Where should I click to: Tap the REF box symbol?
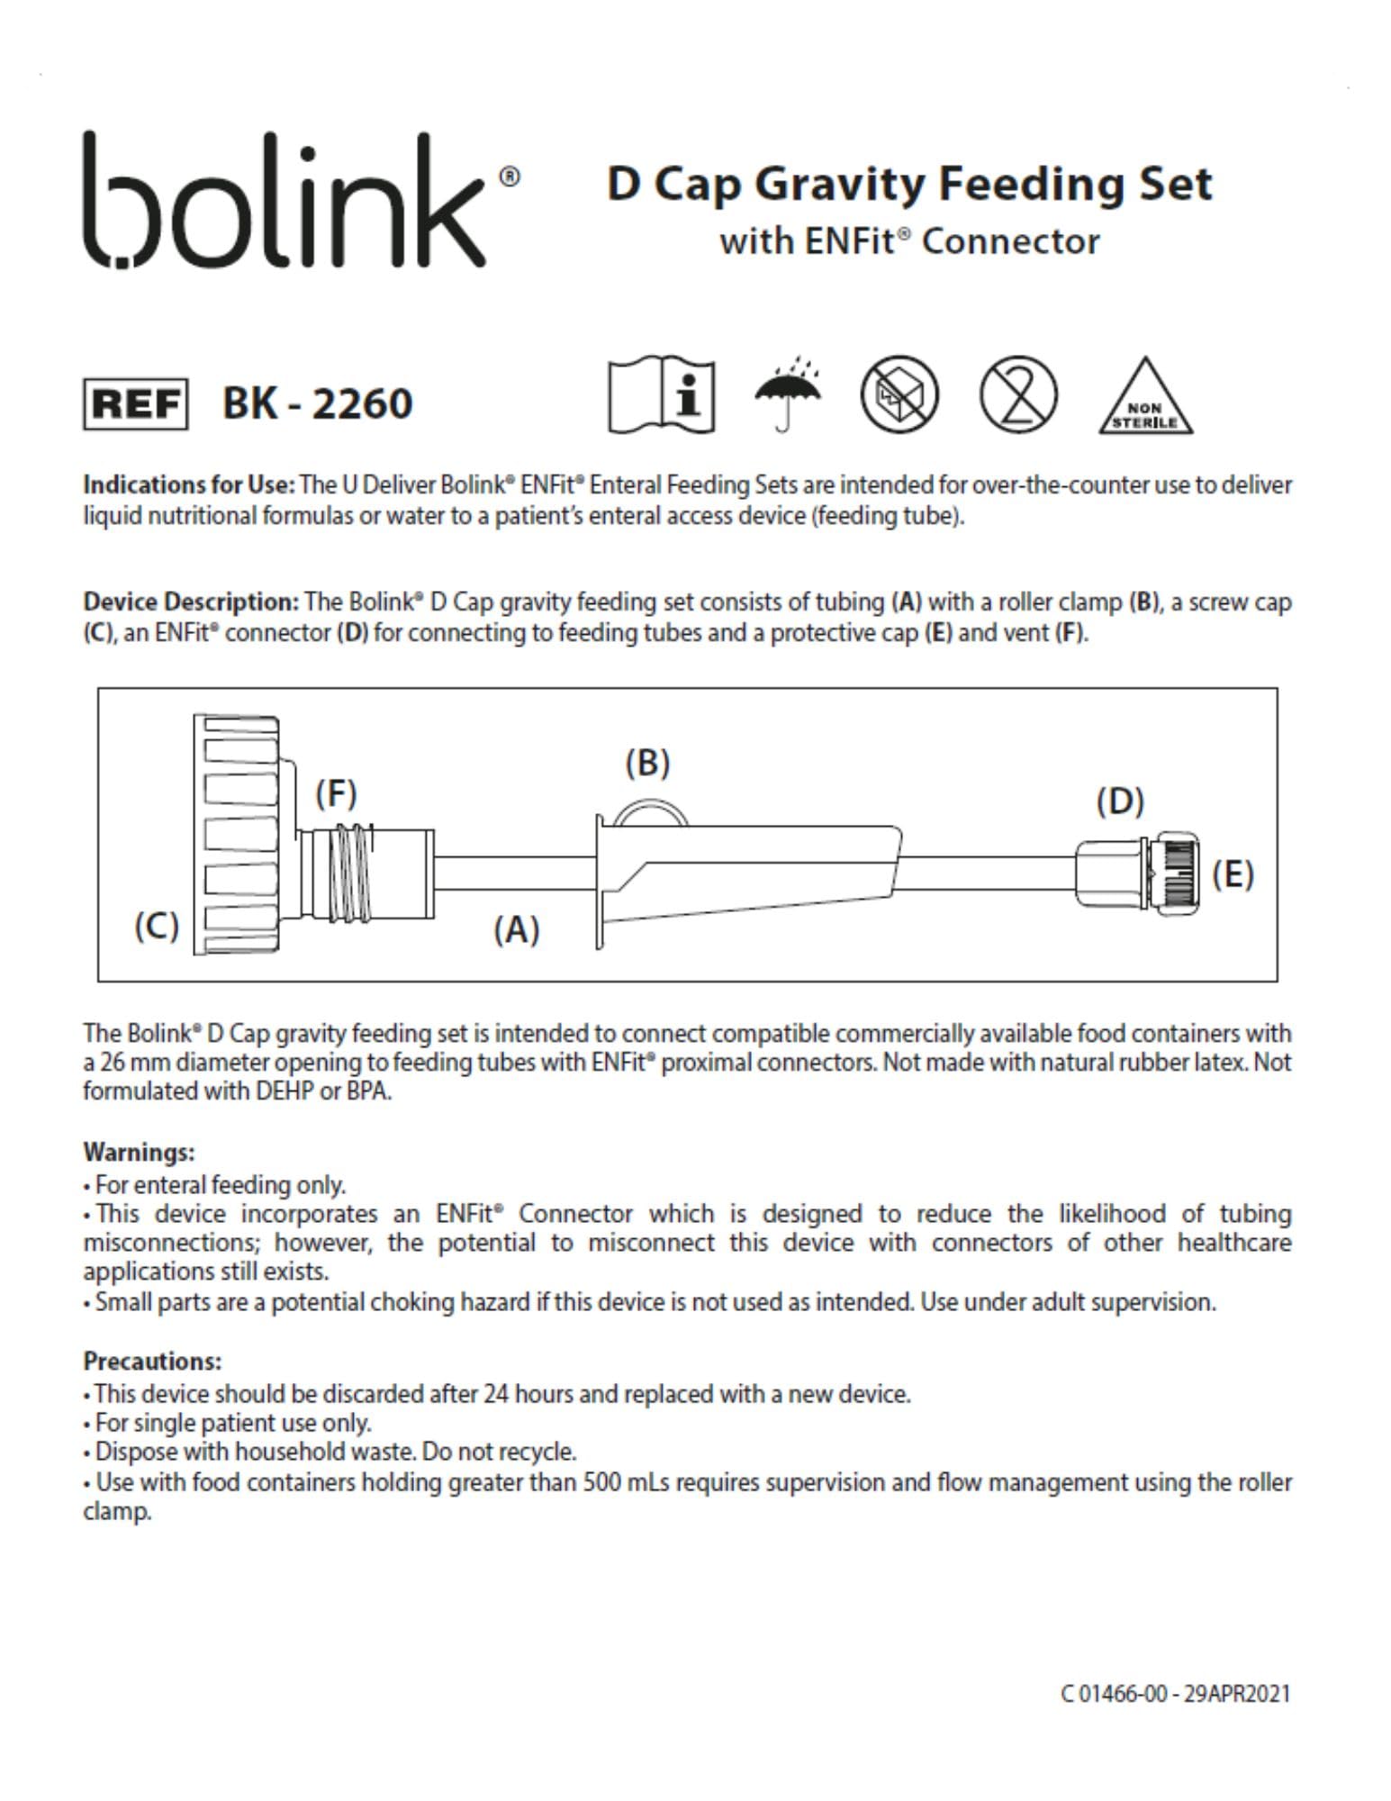point(136,404)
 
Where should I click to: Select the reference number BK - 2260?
point(317,403)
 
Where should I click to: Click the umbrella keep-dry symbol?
point(787,394)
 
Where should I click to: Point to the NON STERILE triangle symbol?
point(1144,398)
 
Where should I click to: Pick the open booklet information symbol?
point(662,395)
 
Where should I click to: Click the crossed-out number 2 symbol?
point(1018,394)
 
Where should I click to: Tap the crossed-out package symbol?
point(899,394)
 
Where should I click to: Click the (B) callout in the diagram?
point(647,763)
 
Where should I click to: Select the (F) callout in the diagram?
point(336,793)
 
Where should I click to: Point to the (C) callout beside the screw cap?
point(157,926)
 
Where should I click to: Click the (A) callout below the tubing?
point(516,928)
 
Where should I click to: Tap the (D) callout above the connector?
point(1120,801)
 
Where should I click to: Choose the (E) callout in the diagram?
point(1233,873)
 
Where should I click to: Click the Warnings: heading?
point(139,1152)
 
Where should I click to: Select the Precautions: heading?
point(152,1361)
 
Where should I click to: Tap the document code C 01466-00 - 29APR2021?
point(1176,1694)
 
